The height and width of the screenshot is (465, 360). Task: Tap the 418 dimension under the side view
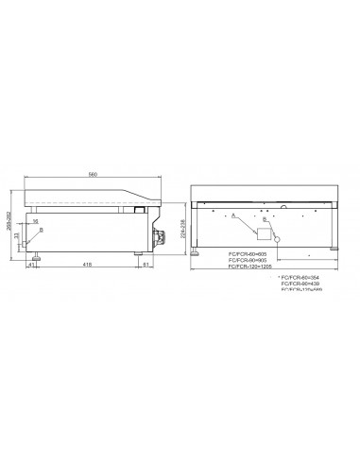87,266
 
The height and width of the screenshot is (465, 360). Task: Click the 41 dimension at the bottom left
31,266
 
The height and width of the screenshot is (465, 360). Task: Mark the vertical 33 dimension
18,237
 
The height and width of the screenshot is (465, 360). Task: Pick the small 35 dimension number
35,221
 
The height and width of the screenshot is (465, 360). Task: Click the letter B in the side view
42,229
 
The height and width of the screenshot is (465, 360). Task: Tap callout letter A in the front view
232,215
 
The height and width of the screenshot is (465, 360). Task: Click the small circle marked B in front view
279,232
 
